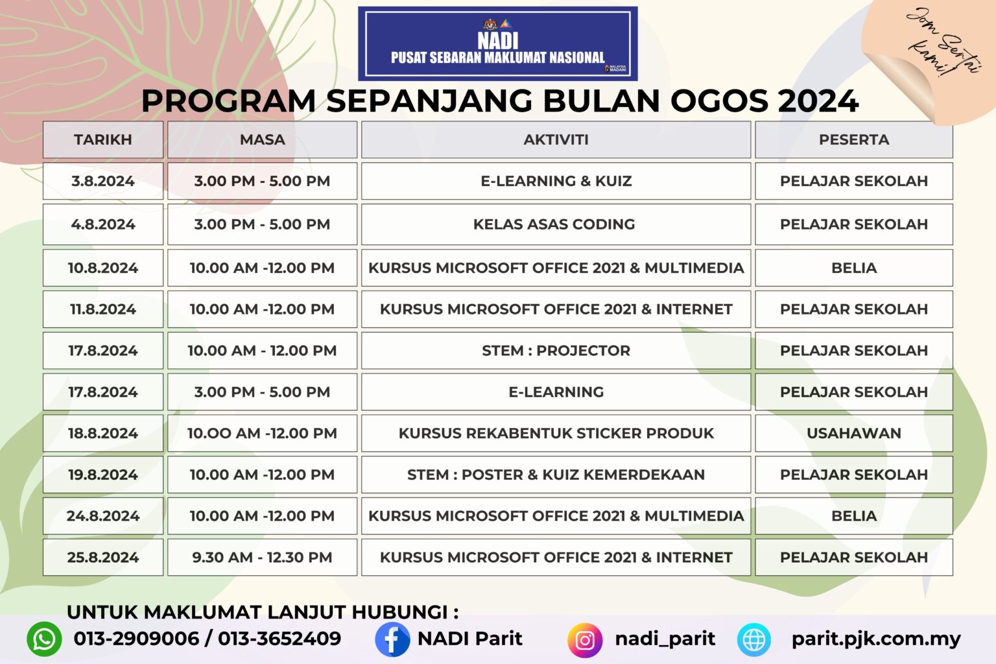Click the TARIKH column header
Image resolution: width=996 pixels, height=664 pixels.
pyautogui.click(x=102, y=139)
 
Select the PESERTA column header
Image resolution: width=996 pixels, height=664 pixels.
pyautogui.click(x=853, y=139)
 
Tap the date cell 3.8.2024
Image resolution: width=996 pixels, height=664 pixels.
pyautogui.click(x=102, y=181)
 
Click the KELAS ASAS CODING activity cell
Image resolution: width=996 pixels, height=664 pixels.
pyautogui.click(x=554, y=224)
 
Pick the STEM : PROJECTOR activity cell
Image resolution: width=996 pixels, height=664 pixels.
pyautogui.click(x=556, y=351)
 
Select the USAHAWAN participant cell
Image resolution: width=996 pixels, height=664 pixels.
pyautogui.click(x=853, y=433)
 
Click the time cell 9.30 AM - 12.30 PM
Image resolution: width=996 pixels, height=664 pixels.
pyautogui.click(x=262, y=557)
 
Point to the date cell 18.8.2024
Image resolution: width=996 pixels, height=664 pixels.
pyautogui.click(x=102, y=433)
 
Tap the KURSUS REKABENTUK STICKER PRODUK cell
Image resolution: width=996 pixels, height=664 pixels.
pyautogui.click(x=556, y=433)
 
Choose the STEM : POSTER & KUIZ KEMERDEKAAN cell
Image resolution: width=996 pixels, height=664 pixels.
pyautogui.click(x=556, y=475)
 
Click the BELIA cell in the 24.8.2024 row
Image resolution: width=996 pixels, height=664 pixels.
pyautogui.click(x=853, y=516)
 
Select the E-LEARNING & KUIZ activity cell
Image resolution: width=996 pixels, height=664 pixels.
pyautogui.click(x=556, y=181)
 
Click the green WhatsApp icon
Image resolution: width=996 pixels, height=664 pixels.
pyautogui.click(x=44, y=639)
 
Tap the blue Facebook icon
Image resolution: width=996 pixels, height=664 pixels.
pyautogui.click(x=392, y=639)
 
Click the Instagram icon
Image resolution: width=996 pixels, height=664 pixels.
pyautogui.click(x=584, y=640)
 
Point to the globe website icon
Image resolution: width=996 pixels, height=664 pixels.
pyautogui.click(x=754, y=639)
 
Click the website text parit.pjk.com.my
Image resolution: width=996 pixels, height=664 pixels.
pyautogui.click(x=875, y=639)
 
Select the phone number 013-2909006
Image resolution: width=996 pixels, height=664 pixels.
pyautogui.click(x=136, y=639)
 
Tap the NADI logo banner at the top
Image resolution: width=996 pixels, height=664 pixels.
pyautogui.click(x=497, y=43)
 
